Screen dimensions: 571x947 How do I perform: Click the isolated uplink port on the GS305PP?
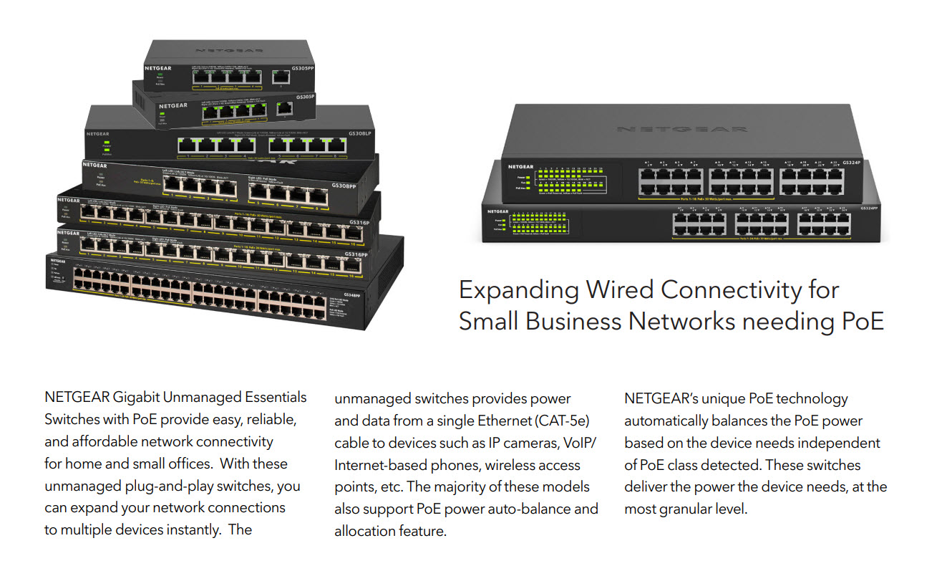click(x=280, y=75)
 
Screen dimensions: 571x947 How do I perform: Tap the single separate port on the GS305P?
click(x=284, y=107)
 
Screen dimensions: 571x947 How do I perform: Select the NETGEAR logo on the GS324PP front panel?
click(x=498, y=211)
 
